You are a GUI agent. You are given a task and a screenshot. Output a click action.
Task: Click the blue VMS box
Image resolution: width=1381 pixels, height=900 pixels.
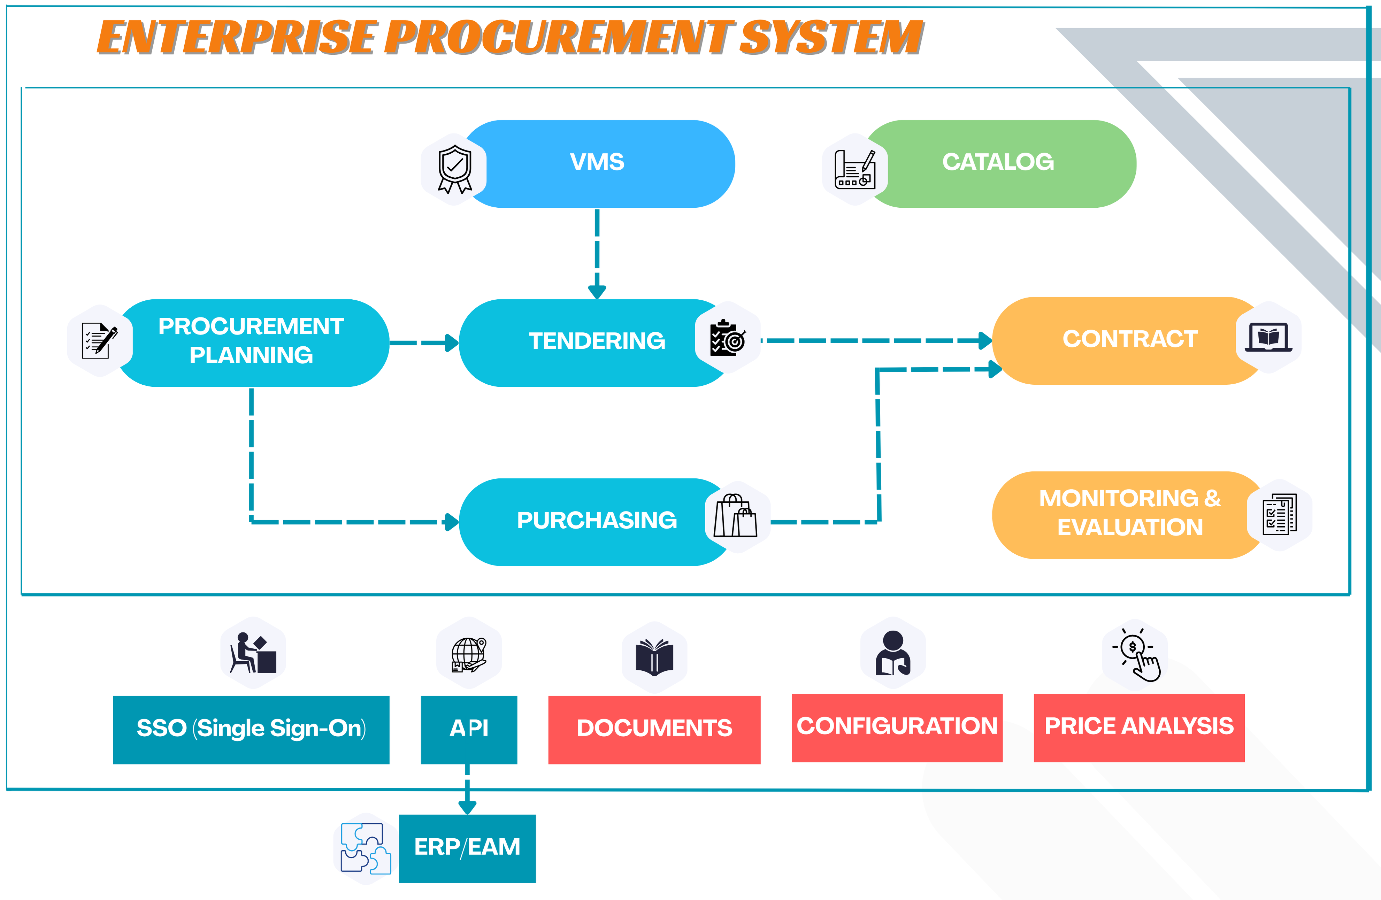598,164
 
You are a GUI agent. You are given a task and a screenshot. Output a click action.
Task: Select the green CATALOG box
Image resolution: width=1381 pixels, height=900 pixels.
998,164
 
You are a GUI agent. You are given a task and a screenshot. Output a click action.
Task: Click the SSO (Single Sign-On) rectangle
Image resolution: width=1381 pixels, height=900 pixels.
251,729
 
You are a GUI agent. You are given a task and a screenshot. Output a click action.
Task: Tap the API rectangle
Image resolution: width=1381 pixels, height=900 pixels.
469,729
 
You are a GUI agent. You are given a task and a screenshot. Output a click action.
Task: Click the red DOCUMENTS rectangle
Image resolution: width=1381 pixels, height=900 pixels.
654,729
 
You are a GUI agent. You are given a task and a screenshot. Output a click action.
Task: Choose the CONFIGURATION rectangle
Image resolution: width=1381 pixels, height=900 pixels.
897,728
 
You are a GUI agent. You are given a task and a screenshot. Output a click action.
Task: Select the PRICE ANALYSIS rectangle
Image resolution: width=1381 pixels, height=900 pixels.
1139,728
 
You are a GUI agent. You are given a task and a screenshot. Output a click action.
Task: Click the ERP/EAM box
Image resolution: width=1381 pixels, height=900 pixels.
467,848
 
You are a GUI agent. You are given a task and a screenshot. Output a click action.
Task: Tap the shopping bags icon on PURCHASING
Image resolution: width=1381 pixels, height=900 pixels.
735,515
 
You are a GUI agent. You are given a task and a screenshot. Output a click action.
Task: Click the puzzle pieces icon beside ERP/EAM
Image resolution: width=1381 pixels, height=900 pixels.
366,848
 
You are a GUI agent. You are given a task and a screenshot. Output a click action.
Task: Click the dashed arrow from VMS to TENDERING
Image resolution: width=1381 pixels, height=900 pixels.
597,254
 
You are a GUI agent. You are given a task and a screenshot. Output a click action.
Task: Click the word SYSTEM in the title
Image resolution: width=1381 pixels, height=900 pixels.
831,38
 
